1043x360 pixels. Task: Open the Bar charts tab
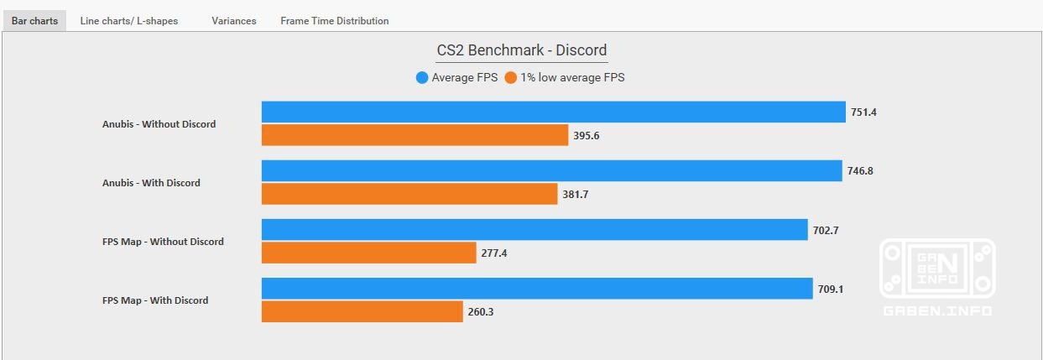coord(34,21)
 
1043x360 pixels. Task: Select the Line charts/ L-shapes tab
coord(128,21)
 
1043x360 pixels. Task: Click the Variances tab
coord(233,21)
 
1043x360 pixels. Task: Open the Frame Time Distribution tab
coord(334,21)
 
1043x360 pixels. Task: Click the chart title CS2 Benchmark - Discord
coord(521,50)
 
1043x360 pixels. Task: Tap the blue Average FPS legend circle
coord(422,78)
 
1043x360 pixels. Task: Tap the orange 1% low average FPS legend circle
coord(511,78)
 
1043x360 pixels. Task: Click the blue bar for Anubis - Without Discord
coord(553,112)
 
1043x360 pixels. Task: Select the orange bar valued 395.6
coord(415,135)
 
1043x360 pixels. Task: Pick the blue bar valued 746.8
coord(551,171)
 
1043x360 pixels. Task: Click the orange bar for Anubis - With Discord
coord(409,194)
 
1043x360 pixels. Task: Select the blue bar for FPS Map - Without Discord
coord(535,230)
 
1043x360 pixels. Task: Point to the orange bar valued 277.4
coord(368,253)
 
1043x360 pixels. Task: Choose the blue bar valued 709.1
coord(537,289)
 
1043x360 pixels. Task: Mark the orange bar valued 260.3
coord(362,311)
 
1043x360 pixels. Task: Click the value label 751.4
coord(863,112)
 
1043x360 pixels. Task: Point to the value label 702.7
coord(825,230)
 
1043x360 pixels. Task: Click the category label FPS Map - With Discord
coord(155,300)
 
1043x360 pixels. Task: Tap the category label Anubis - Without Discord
coord(159,124)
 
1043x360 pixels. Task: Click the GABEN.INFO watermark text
coord(937,311)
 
